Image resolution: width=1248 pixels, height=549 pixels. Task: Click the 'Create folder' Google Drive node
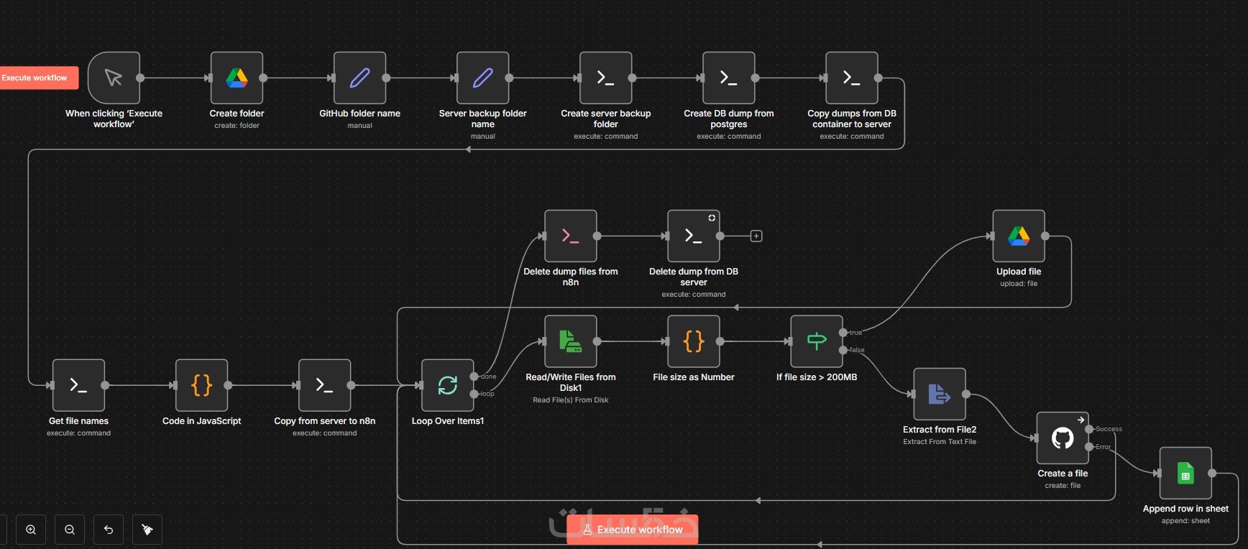(237, 78)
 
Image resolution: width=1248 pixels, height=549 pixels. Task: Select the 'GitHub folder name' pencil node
(359, 78)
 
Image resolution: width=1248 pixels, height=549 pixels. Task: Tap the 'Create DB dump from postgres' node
(728, 78)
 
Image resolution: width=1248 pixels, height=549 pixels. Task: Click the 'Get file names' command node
(78, 385)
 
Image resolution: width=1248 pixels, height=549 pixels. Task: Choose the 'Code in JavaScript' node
(201, 385)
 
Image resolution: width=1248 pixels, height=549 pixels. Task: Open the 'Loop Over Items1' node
(447, 385)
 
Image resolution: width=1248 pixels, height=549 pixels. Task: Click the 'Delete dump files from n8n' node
(570, 236)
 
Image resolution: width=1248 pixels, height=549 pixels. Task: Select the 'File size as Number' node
(693, 341)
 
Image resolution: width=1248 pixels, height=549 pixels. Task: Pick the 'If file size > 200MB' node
(816, 341)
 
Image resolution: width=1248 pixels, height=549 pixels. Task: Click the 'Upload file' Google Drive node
(1018, 236)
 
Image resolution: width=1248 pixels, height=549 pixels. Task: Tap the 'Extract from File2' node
(939, 394)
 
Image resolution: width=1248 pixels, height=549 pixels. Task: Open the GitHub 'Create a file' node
(1062, 438)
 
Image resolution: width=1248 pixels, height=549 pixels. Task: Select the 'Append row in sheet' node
(1185, 473)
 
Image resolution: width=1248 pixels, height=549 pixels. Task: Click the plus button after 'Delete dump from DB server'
(756, 236)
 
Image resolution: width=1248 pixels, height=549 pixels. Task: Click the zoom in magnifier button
(31, 530)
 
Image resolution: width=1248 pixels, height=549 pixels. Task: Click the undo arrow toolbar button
(109, 530)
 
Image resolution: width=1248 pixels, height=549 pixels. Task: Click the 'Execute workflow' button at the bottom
(632, 530)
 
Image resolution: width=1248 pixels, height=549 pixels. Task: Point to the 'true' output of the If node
(843, 333)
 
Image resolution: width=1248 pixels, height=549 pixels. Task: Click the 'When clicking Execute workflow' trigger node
(114, 78)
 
